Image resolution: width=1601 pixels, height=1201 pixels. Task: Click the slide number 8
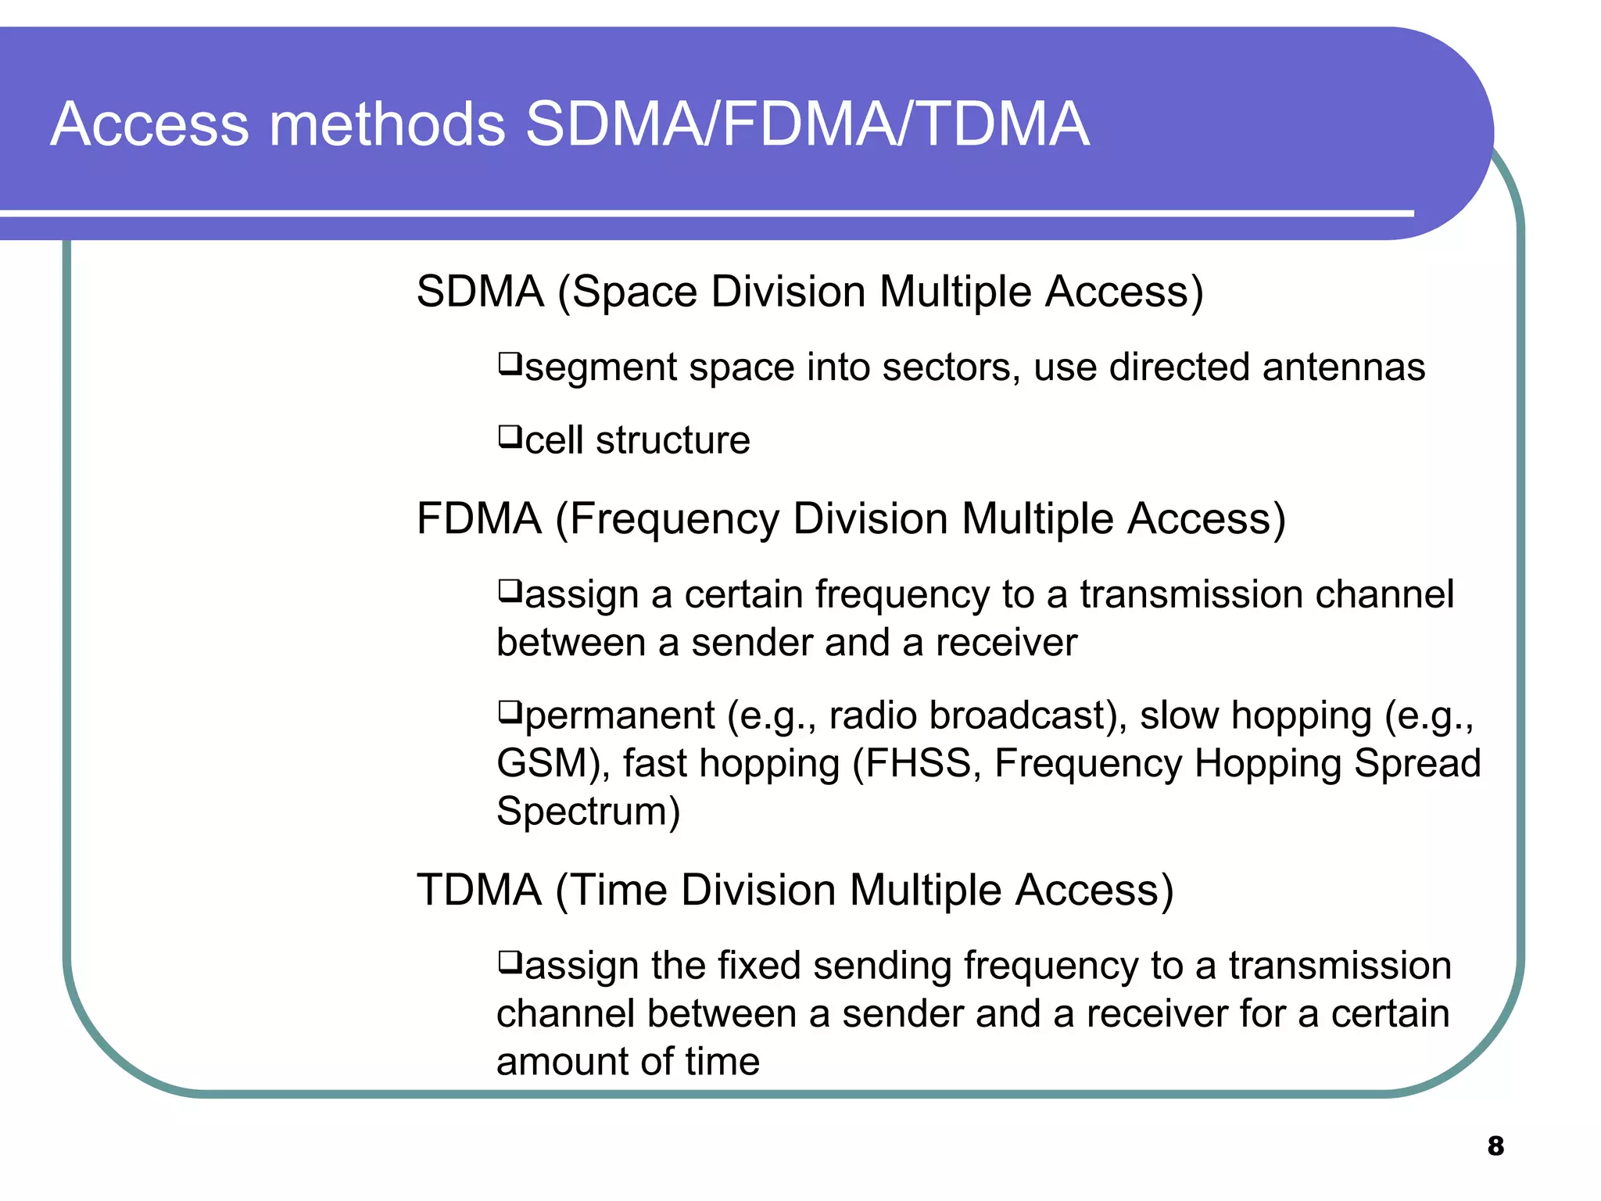pos(1495,1145)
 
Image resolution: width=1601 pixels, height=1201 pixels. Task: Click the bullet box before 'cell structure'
pos(510,436)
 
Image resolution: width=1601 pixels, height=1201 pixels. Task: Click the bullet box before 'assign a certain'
pos(510,590)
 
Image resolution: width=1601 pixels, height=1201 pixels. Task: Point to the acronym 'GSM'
pos(542,763)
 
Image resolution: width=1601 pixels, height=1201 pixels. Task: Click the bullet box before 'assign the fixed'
pos(510,961)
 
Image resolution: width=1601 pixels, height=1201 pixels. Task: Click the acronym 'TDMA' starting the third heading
pos(479,890)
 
